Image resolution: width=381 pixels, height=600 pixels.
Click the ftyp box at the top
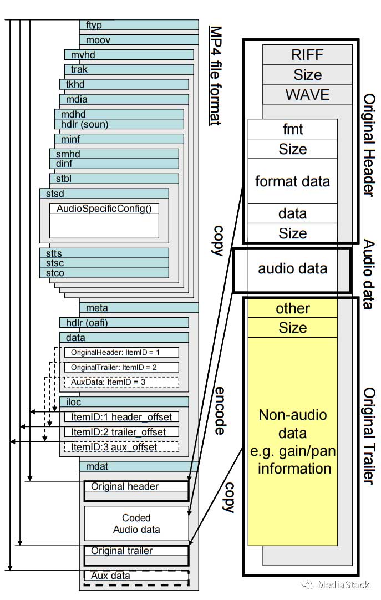(139, 25)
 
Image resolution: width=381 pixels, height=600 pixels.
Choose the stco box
(104, 273)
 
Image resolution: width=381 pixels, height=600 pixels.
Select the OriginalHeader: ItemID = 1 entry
(121, 352)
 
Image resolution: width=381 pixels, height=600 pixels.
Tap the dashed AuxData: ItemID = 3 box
(121, 382)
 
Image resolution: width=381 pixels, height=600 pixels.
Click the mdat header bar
(139, 466)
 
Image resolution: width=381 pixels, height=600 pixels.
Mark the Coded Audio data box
(136, 523)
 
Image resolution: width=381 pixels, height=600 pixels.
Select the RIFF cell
(307, 54)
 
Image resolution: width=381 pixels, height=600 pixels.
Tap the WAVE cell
(307, 94)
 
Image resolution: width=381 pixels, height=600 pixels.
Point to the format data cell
(292, 181)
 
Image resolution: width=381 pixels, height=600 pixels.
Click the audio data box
(292, 270)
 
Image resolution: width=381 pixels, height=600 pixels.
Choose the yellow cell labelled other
(292, 308)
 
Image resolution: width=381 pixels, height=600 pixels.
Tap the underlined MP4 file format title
(215, 75)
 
